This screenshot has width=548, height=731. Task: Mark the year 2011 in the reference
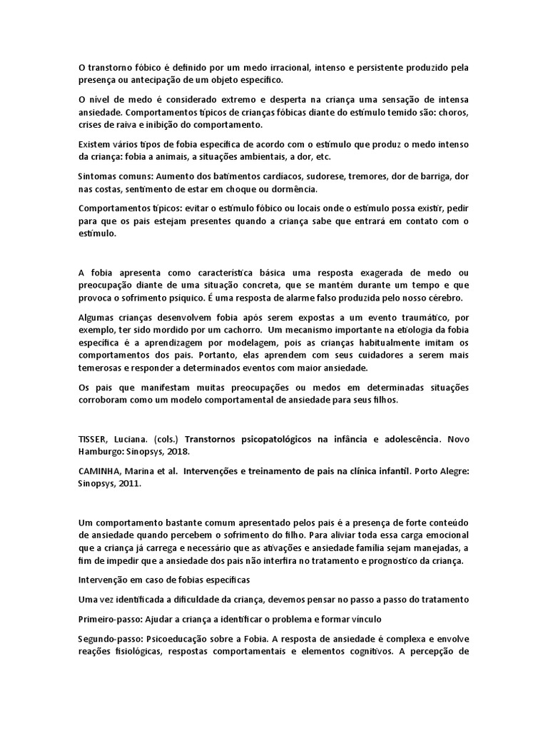[139, 483]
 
